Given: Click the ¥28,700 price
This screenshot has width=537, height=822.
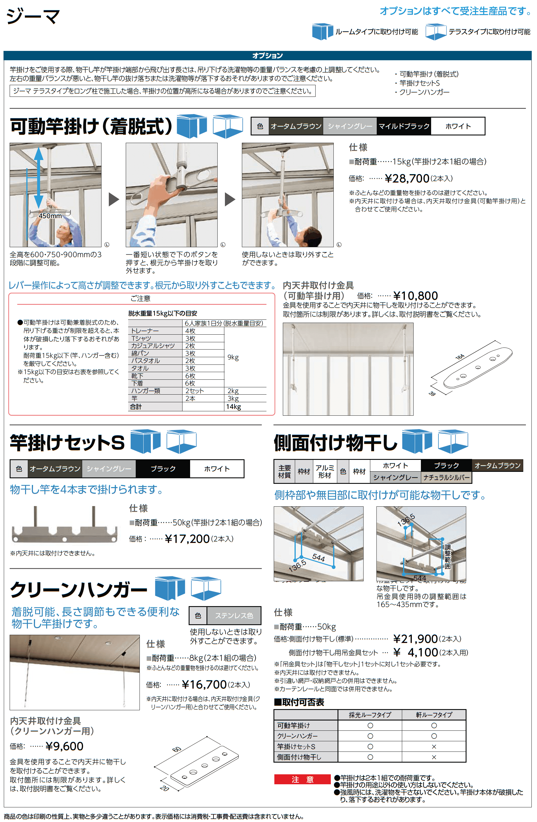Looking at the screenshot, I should click(x=407, y=178).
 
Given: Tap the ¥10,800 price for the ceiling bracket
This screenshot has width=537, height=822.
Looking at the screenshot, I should click(x=415, y=296).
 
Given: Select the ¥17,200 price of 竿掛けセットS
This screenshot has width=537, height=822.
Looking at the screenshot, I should click(x=187, y=539).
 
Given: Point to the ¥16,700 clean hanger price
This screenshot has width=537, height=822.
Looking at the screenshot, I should click(x=204, y=685).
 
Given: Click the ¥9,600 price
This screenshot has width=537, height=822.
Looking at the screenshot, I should click(x=64, y=746).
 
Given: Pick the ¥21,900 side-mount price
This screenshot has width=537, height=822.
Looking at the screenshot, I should click(x=415, y=639).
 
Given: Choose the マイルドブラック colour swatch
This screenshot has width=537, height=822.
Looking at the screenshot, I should click(x=404, y=126).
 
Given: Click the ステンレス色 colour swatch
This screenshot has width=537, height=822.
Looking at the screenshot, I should click(x=234, y=615).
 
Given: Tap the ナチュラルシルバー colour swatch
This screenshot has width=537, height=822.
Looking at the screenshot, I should click(x=446, y=478).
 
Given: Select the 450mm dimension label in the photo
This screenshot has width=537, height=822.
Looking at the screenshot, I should click(x=50, y=216).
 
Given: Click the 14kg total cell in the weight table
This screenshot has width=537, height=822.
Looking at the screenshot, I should click(x=233, y=407).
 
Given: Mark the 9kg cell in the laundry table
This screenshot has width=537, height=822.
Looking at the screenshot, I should click(x=233, y=357).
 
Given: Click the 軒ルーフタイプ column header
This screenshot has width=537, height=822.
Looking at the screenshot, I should click(x=434, y=715).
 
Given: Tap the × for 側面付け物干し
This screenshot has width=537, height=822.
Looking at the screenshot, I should click(x=434, y=757).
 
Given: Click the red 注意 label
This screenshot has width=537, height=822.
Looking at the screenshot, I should click(x=302, y=780).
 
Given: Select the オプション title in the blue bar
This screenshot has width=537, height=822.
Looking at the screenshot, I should click(x=268, y=56).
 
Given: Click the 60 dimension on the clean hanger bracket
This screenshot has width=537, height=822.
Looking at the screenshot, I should click(x=176, y=749).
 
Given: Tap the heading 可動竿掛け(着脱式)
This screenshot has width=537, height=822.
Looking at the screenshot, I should click(x=91, y=126).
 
